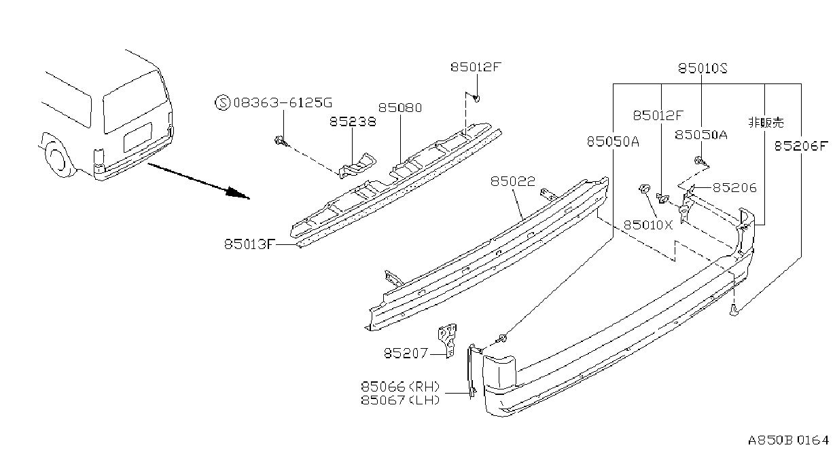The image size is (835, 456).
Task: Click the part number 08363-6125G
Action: pos(283,102)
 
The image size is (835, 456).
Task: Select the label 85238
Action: pos(353,121)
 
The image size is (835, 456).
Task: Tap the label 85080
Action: pos(400,108)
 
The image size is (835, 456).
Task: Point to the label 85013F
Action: pos(249,244)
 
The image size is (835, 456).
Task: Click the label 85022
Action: pos(512,181)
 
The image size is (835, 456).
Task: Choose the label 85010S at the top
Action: pos(703,69)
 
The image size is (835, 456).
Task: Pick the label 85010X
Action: pos(648,225)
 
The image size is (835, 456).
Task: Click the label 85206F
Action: pos(801,145)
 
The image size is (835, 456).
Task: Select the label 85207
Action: pos(406,353)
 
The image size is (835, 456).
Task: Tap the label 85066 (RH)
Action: pos(400,387)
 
